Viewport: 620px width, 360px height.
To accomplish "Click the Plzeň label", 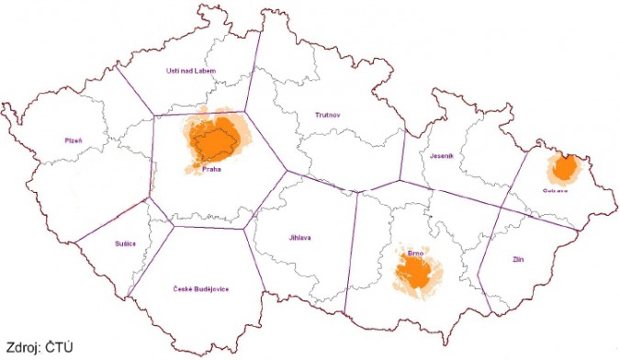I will [73, 141].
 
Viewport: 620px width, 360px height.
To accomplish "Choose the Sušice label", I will [126, 243].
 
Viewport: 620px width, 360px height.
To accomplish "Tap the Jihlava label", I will [299, 238].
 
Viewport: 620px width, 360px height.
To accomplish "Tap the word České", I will [184, 289].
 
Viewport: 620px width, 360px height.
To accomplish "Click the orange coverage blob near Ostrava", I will [565, 168].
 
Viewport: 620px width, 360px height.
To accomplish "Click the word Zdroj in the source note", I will [22, 347].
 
